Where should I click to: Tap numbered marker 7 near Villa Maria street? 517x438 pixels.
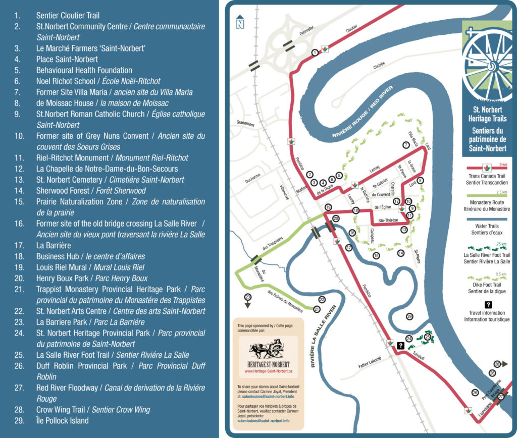(x=405, y=145)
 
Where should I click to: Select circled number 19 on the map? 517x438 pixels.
(x=328, y=207)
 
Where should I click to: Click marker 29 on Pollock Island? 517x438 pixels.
(x=409, y=316)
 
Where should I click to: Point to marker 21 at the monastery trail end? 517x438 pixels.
(x=317, y=309)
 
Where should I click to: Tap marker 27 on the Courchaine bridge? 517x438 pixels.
(x=500, y=397)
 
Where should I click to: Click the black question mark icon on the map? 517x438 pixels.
(x=400, y=346)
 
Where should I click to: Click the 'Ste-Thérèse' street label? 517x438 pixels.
(x=387, y=220)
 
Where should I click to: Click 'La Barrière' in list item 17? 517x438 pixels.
(x=54, y=245)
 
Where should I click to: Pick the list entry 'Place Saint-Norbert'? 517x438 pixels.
(x=67, y=59)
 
